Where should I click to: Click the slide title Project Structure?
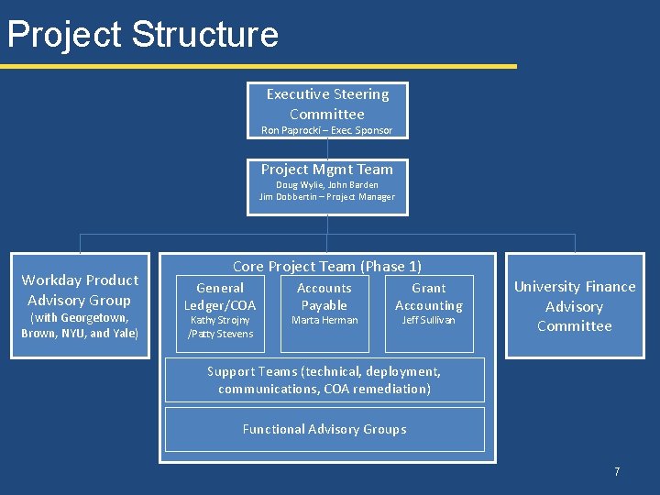[142, 35]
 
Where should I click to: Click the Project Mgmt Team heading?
[327, 169]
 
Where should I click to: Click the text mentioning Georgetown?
[80, 318]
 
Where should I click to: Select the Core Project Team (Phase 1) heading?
[327, 266]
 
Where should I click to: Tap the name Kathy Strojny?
[220, 320]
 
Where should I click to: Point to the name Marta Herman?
[324, 320]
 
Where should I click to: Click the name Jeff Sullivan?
[429, 320]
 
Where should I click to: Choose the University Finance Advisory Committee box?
[575, 306]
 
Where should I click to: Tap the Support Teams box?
[324, 379]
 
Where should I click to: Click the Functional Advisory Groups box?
[324, 429]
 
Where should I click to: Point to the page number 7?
[617, 471]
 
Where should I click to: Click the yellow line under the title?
[257, 66]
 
